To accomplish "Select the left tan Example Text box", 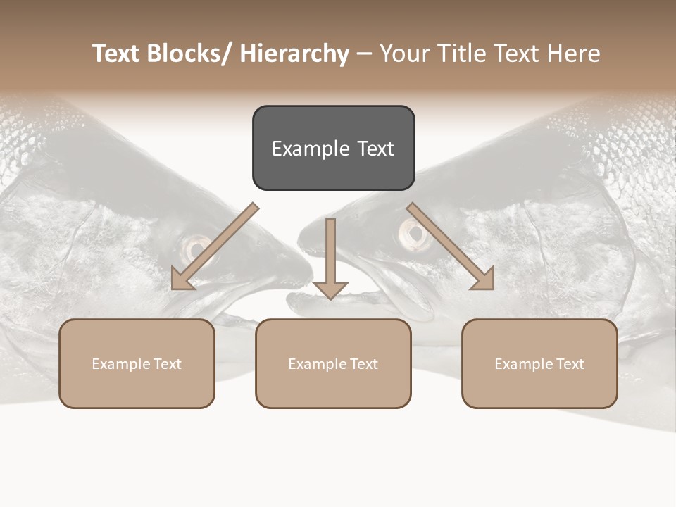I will pos(137,363).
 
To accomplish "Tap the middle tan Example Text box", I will pos(333,363).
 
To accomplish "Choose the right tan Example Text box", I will pos(539,363).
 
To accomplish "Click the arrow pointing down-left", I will pos(214,247).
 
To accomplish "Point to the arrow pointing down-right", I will pos(451,247).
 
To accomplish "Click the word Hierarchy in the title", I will pos(294,54).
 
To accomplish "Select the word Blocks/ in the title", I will pos(189,54).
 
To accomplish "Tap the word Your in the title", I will pos(404,54).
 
